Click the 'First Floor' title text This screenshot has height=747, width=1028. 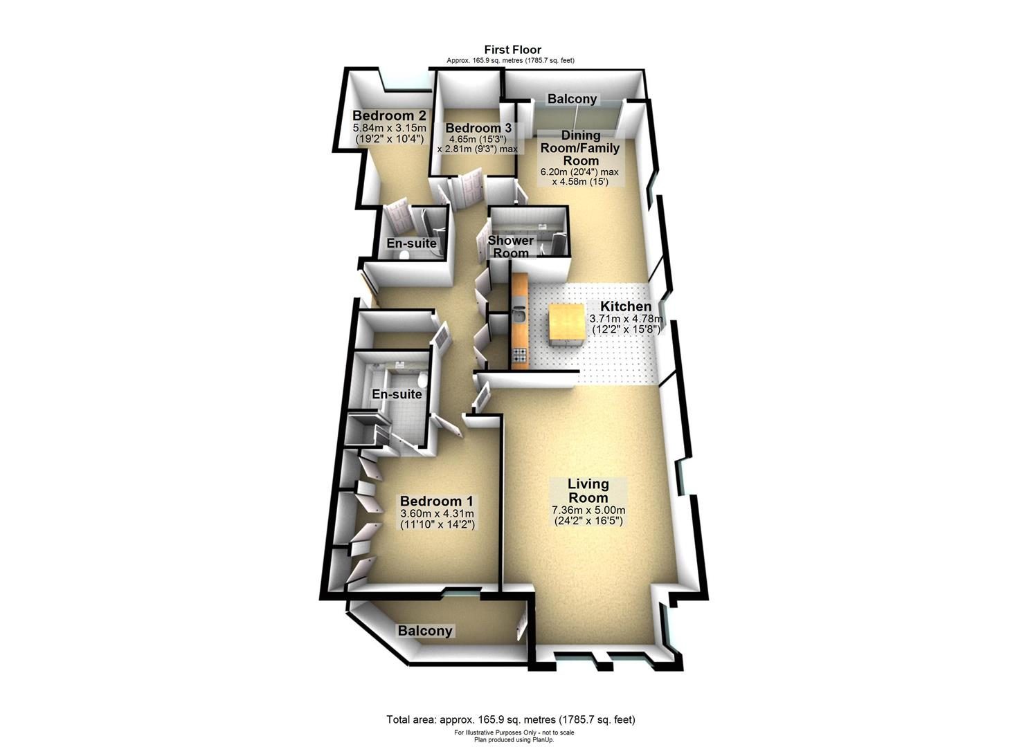coord(513,50)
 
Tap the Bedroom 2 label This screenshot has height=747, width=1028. coord(389,115)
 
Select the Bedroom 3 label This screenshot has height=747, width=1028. coord(478,128)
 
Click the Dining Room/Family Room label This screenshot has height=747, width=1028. coord(581,148)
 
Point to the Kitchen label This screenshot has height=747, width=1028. coord(626,306)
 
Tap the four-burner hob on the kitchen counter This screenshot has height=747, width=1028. coord(518,354)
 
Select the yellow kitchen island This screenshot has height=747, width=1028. coord(566,326)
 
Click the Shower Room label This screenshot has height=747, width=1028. coord(510,247)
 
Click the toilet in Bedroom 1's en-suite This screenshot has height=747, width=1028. coord(423,379)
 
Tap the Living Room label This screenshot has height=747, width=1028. coord(588,490)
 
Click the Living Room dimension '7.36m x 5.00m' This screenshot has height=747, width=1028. coord(588,510)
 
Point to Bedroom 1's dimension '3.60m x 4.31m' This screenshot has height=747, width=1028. coord(437,514)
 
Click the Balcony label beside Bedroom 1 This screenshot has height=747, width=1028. coord(425,631)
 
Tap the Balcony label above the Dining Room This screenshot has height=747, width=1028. coord(572,99)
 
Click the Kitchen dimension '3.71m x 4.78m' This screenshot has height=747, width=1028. coord(626,319)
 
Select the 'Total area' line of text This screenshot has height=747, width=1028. coord(511,719)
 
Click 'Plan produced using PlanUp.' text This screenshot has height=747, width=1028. coord(514,739)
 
